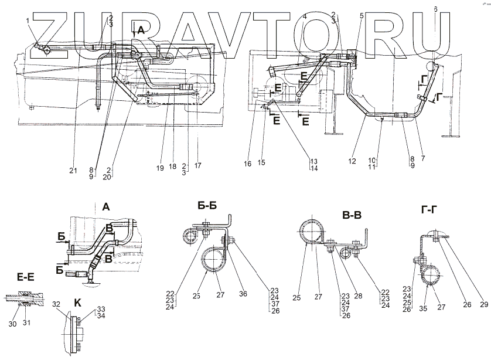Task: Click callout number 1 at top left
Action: coord(27,21)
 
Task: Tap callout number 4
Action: coord(305,17)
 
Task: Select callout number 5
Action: coord(362,16)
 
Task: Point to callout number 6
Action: coord(435,9)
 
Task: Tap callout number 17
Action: coord(197,166)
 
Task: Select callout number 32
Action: coord(56,304)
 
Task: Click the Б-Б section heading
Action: coord(209,205)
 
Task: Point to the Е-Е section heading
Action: coord(17,273)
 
